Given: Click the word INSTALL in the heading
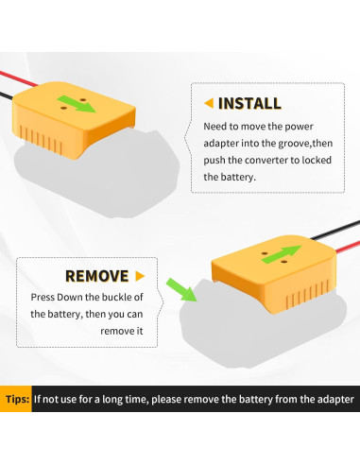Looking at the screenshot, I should [249, 103].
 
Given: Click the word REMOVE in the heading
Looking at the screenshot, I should [96, 276].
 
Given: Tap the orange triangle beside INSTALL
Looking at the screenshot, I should [209, 103].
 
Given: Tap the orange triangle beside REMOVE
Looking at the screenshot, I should [140, 276].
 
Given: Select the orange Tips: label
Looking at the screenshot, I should [16, 399].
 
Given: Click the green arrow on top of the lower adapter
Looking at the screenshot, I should [280, 256].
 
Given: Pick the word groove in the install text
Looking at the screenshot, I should [304, 143].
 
